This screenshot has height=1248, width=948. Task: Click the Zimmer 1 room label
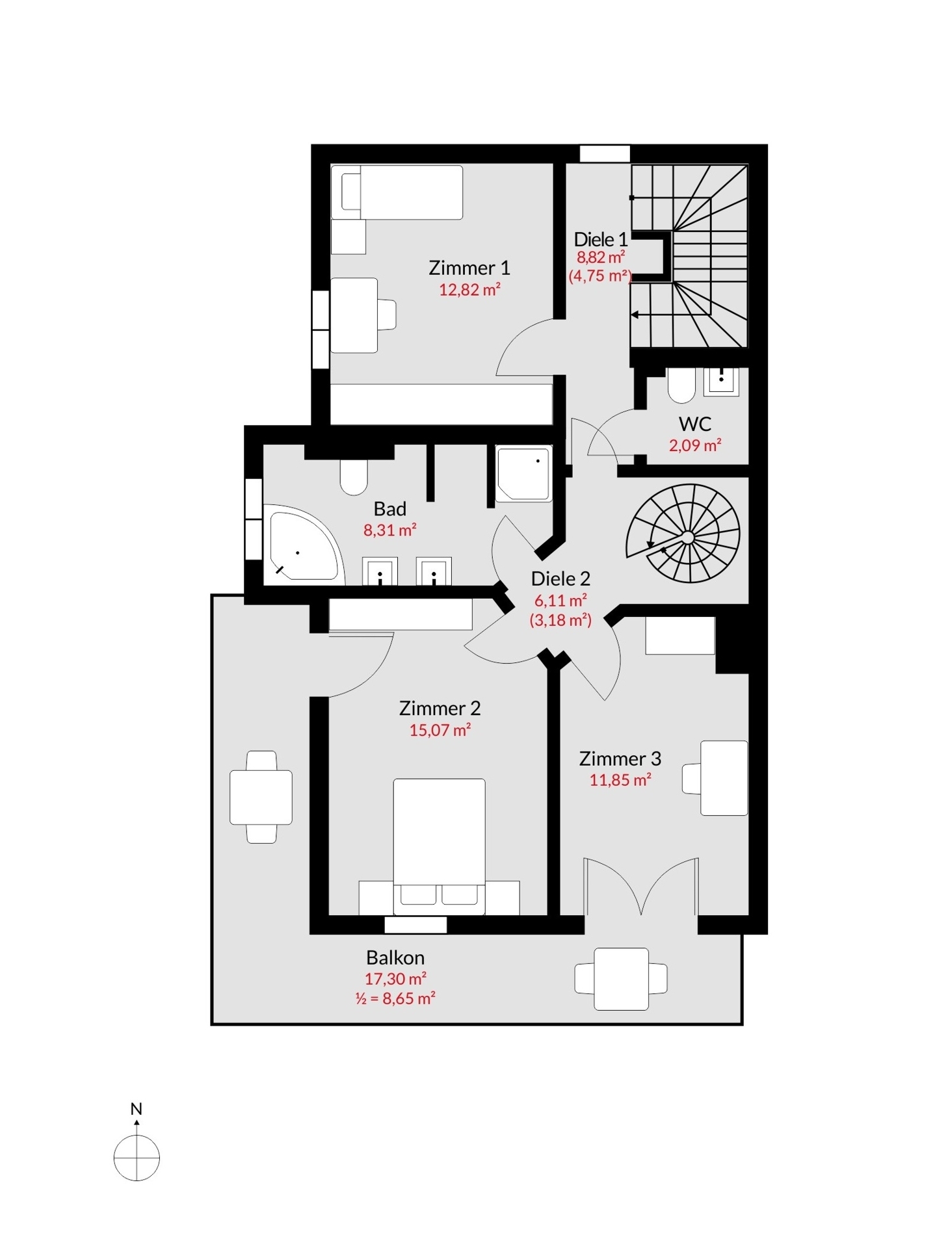[x=469, y=268]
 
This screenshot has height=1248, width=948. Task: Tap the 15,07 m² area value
[x=440, y=730]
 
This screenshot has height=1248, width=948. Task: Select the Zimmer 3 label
[x=620, y=759]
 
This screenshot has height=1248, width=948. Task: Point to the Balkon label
[x=395, y=957]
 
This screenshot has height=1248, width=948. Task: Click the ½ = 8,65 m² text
[x=395, y=998]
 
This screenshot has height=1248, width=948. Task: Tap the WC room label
[x=695, y=424]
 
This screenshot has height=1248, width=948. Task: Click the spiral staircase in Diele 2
[x=683, y=533]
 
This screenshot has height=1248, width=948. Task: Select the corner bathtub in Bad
[x=303, y=544]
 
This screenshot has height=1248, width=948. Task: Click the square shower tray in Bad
[x=523, y=473]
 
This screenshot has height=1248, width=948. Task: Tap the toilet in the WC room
[x=681, y=385]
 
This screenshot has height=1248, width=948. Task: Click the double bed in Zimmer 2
[x=439, y=846]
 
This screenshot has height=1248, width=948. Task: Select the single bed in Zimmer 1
[x=397, y=192]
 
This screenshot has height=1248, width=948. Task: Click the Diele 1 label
[x=601, y=239]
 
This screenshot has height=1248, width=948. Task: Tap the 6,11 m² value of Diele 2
[x=560, y=600]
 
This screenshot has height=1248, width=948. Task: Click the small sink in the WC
[x=721, y=382]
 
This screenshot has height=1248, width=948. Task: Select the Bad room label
[x=389, y=508]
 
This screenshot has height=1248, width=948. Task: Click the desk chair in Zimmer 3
[x=691, y=778]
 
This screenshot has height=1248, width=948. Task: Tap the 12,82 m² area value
[x=469, y=290]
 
